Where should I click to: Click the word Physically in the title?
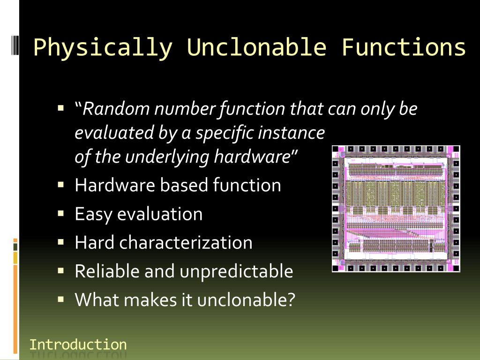[103, 48]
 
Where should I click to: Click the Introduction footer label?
[78, 345]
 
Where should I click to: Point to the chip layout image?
[396, 209]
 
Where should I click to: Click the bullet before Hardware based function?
[60, 185]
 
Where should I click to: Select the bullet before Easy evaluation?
[60, 213]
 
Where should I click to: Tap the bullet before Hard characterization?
[60, 242]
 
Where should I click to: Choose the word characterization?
[186, 242]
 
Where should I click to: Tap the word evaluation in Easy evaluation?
[160, 214]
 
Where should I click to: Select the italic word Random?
[116, 109]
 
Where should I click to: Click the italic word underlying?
[167, 157]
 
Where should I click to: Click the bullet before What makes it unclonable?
[60, 299]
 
